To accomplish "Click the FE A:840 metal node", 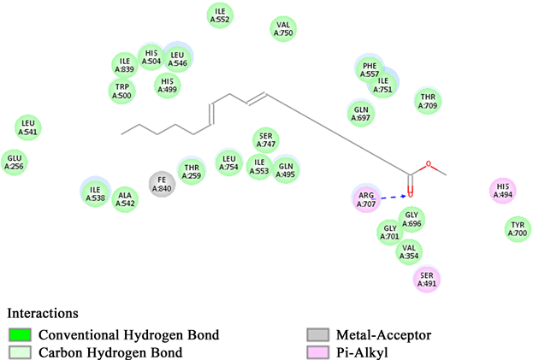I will point(162,184).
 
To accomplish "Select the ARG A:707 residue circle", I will point(366,199).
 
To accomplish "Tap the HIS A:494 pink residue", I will point(502,192).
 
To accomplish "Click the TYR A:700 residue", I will point(518,228).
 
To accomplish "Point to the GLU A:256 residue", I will point(14,162).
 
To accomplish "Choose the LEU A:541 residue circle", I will point(28,128).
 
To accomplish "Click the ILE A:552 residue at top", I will point(221,15).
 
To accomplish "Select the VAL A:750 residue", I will point(283,29).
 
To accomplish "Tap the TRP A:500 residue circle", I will point(122,91).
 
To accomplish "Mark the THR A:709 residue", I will point(429,101).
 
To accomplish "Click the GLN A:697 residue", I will point(360,111).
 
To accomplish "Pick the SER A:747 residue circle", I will point(266,139).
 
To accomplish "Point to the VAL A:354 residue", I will point(410,251).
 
